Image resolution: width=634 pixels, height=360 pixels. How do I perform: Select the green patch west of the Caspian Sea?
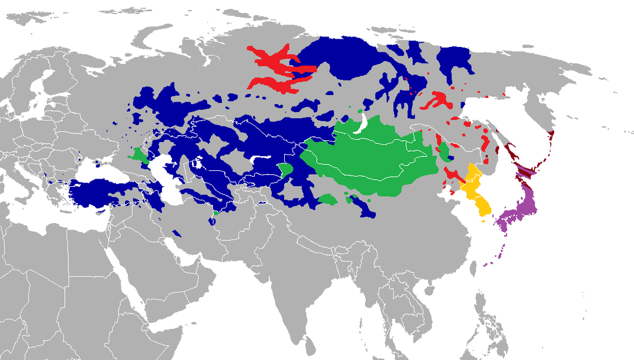[x=139, y=156]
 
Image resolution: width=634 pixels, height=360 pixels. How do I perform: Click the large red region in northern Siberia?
[x=276, y=70]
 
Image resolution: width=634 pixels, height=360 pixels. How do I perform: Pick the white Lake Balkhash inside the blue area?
[x=259, y=159]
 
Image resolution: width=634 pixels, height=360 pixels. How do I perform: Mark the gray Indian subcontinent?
[x=282, y=282]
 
